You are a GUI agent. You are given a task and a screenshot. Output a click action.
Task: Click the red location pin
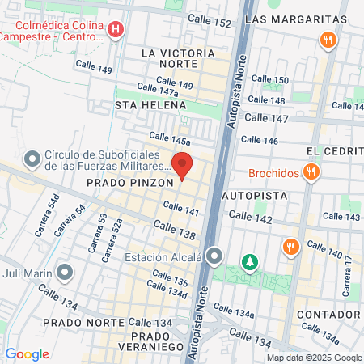(182, 165)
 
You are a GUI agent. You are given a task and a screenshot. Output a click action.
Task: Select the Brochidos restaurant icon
(311, 171)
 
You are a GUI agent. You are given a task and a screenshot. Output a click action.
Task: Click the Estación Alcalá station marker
(214, 256)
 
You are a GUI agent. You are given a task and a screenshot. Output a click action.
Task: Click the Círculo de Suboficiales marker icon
(33, 159)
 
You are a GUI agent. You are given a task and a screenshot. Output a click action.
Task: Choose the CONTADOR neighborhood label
(328, 314)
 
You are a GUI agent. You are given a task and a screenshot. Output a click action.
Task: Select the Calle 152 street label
(209, 18)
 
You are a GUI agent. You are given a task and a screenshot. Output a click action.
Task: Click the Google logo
(27, 353)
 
